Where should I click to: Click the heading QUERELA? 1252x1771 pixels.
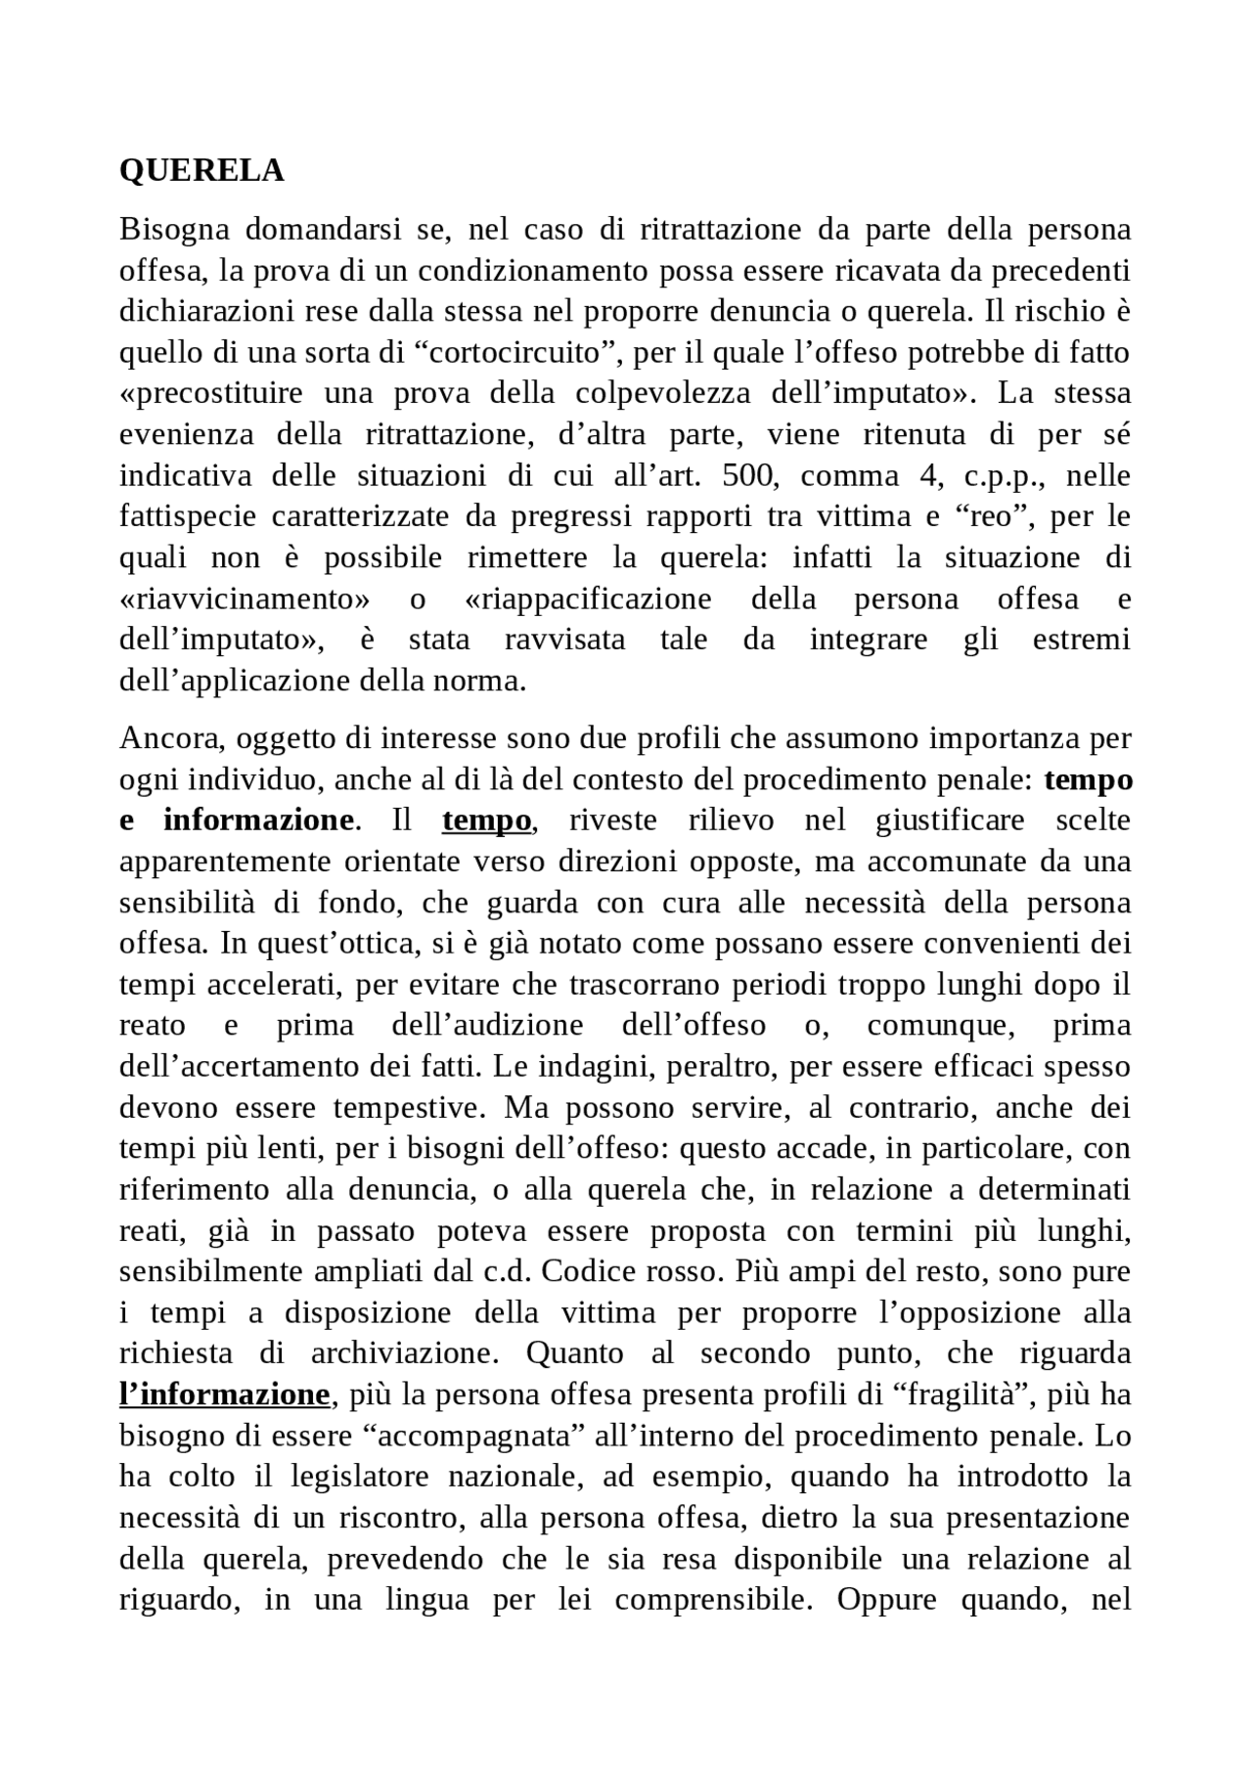coord(201,171)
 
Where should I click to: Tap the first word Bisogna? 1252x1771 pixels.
coord(174,230)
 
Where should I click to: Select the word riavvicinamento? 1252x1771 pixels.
coord(245,598)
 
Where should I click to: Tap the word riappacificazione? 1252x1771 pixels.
coord(585,598)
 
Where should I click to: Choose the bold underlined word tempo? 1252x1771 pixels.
coord(487,820)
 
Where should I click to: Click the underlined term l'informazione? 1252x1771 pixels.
coord(224,1395)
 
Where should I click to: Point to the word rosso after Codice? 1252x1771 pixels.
coord(674,1272)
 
